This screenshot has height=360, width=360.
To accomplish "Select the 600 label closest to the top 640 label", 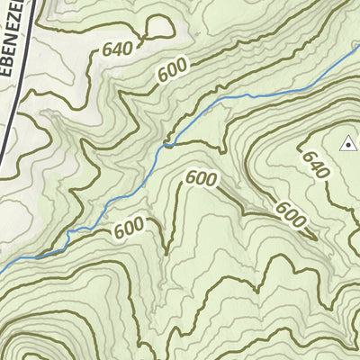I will [x=175, y=73].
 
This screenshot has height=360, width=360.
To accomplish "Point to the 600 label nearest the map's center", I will [x=201, y=178].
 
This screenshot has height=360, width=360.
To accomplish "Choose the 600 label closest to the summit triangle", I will [x=290, y=214].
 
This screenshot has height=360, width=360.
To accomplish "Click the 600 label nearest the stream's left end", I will [x=130, y=231].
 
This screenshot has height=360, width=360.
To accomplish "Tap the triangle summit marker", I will [x=347, y=142].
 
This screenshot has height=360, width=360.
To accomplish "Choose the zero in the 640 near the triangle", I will [x=323, y=175].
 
